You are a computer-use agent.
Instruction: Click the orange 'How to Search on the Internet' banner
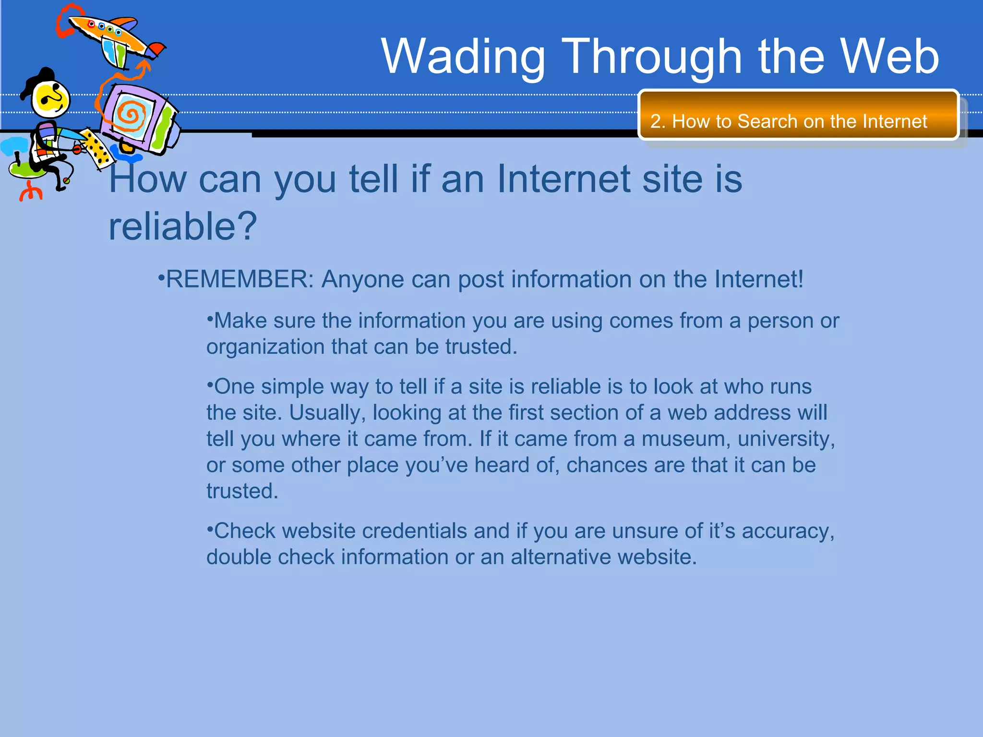pos(798,115)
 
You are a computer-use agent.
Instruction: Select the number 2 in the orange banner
pos(657,121)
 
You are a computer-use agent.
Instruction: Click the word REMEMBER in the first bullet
pos(239,279)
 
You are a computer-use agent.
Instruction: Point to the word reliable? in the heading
pos(182,226)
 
